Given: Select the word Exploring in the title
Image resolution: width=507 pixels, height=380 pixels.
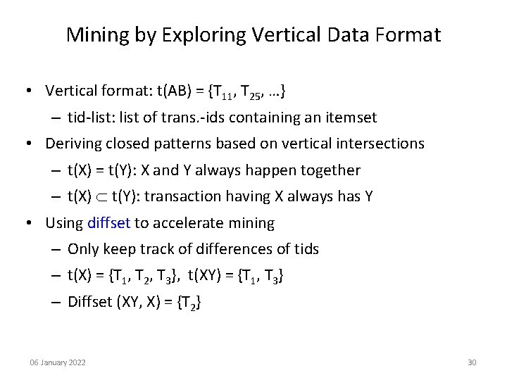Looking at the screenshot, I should coord(196,35).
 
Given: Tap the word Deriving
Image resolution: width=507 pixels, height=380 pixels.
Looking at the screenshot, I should coord(72,144).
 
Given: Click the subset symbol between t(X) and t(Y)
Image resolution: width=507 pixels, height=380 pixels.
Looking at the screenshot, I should coord(104,197).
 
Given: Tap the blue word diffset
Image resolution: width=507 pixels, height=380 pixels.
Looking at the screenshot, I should coord(109,223).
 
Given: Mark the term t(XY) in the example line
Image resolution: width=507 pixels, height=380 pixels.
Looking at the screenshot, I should coord(205,276).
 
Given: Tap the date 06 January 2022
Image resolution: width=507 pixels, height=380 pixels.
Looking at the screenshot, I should coord(58,362).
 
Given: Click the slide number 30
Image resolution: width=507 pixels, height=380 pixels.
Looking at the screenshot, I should coord(472,362).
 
